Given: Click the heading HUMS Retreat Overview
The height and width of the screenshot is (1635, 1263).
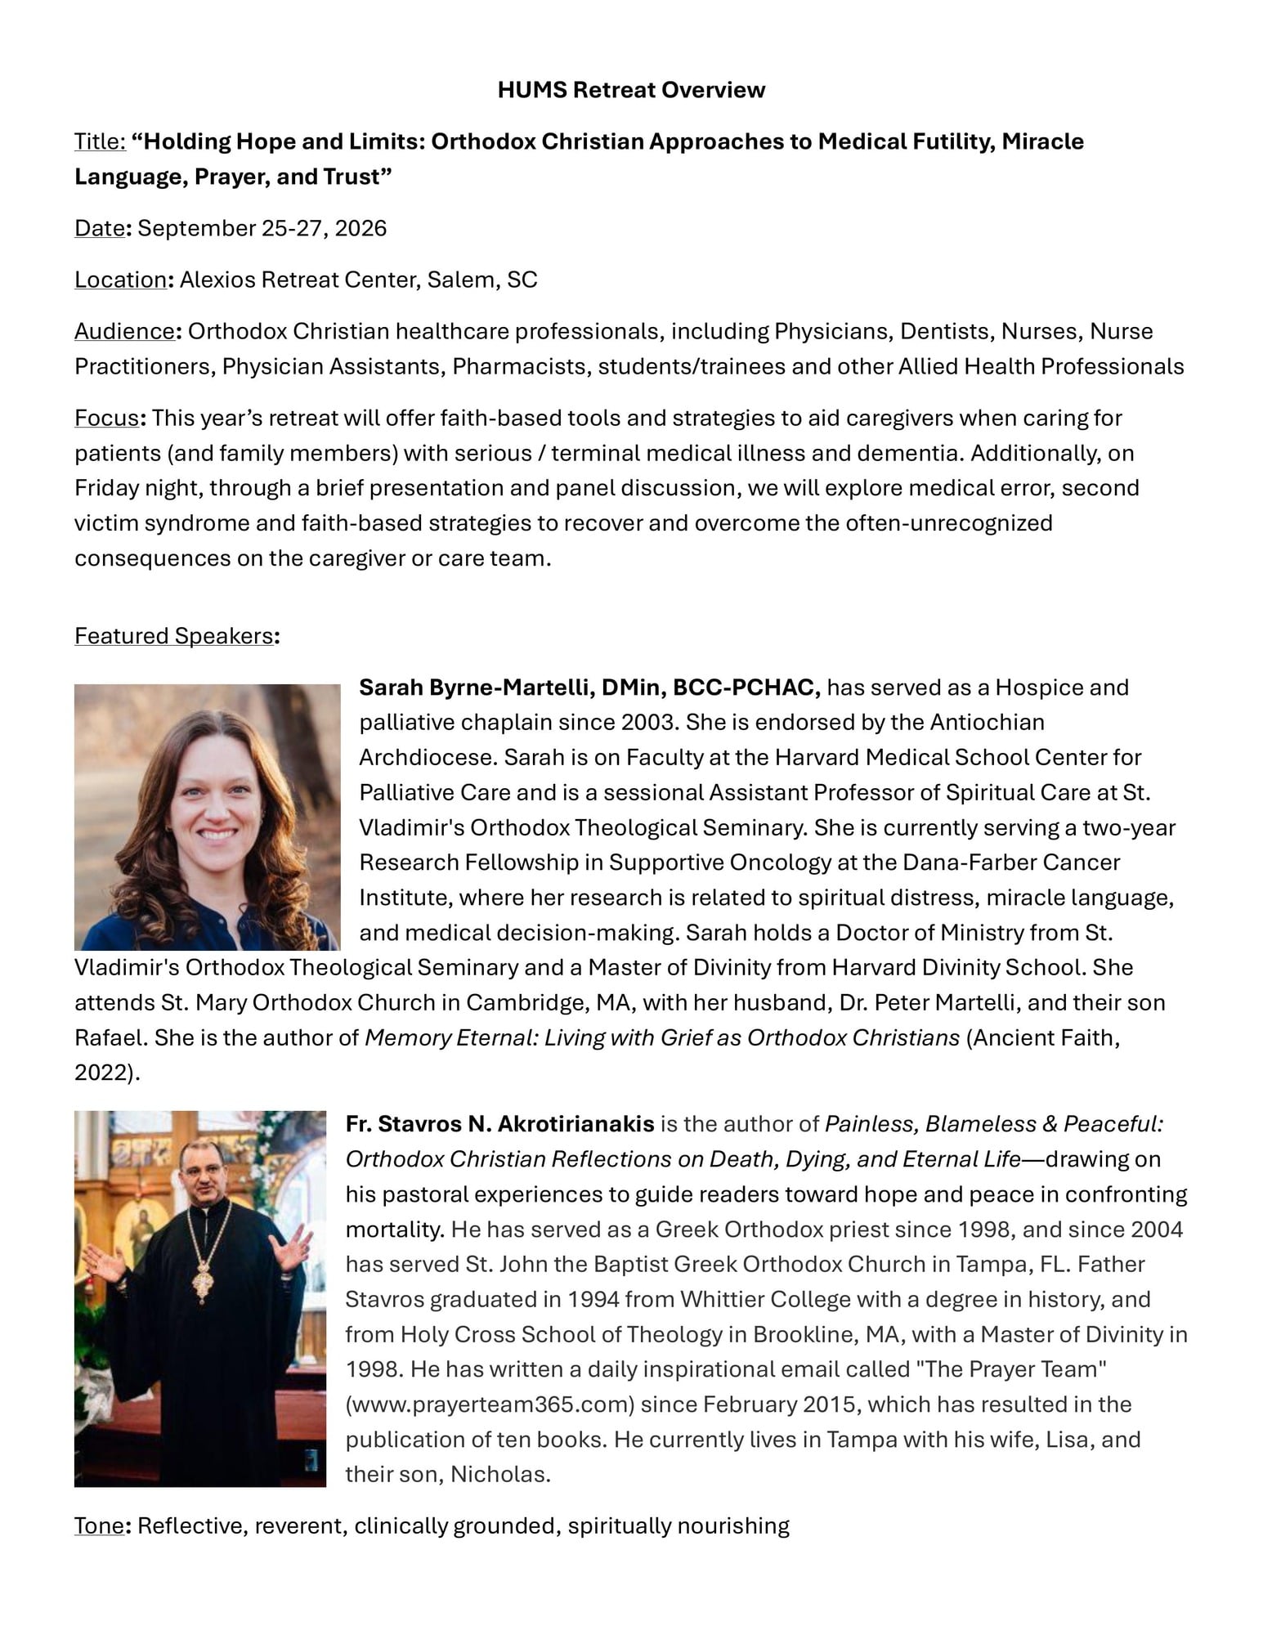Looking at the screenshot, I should point(631,90).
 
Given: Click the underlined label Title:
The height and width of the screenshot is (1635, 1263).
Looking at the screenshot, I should point(100,141).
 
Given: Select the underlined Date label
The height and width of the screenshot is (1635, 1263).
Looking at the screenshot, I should point(99,228).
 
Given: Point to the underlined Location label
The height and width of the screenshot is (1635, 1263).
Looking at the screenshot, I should point(120,280).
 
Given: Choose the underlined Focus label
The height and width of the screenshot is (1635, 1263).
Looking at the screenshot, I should point(106,418).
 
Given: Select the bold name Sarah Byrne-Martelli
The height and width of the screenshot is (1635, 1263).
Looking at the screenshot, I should point(476,688).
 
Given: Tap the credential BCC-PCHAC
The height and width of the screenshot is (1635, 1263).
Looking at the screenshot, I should point(746,688).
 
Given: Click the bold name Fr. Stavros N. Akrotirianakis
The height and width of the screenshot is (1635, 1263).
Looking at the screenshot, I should point(499,1124).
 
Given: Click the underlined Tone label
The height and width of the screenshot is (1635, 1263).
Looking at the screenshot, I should point(98,1525).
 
